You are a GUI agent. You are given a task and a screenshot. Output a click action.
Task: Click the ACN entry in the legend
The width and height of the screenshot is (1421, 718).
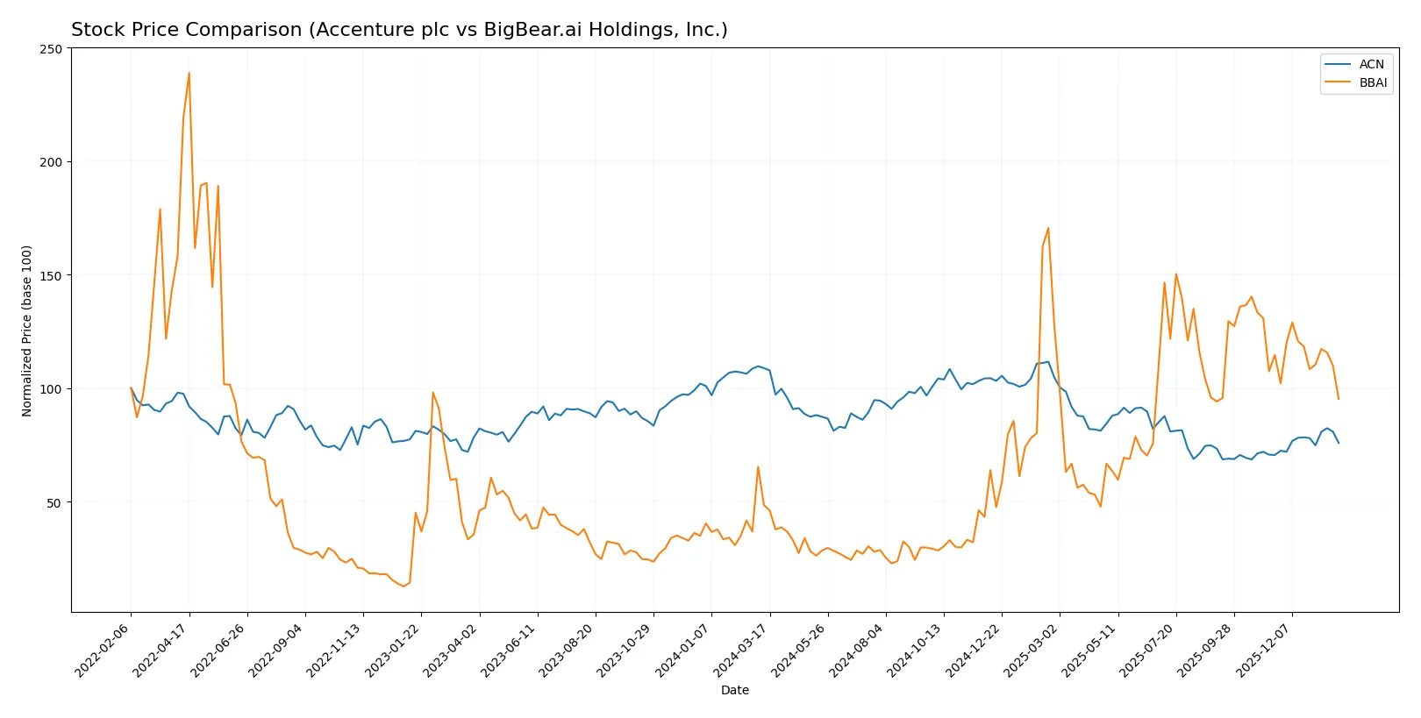[1371, 64]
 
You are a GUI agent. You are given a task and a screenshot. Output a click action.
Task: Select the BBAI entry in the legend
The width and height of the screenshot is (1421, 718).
[1373, 83]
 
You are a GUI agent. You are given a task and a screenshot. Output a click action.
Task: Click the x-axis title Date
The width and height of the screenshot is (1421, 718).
[735, 691]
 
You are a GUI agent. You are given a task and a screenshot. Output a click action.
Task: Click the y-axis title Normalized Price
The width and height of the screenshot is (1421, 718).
[27, 331]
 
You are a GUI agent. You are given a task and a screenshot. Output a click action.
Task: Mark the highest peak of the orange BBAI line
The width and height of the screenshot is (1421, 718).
[189, 74]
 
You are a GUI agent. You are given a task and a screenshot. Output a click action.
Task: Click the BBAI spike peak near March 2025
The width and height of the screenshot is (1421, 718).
[1048, 229]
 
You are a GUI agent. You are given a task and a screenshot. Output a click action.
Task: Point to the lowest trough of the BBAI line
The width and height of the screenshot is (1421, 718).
[403, 586]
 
